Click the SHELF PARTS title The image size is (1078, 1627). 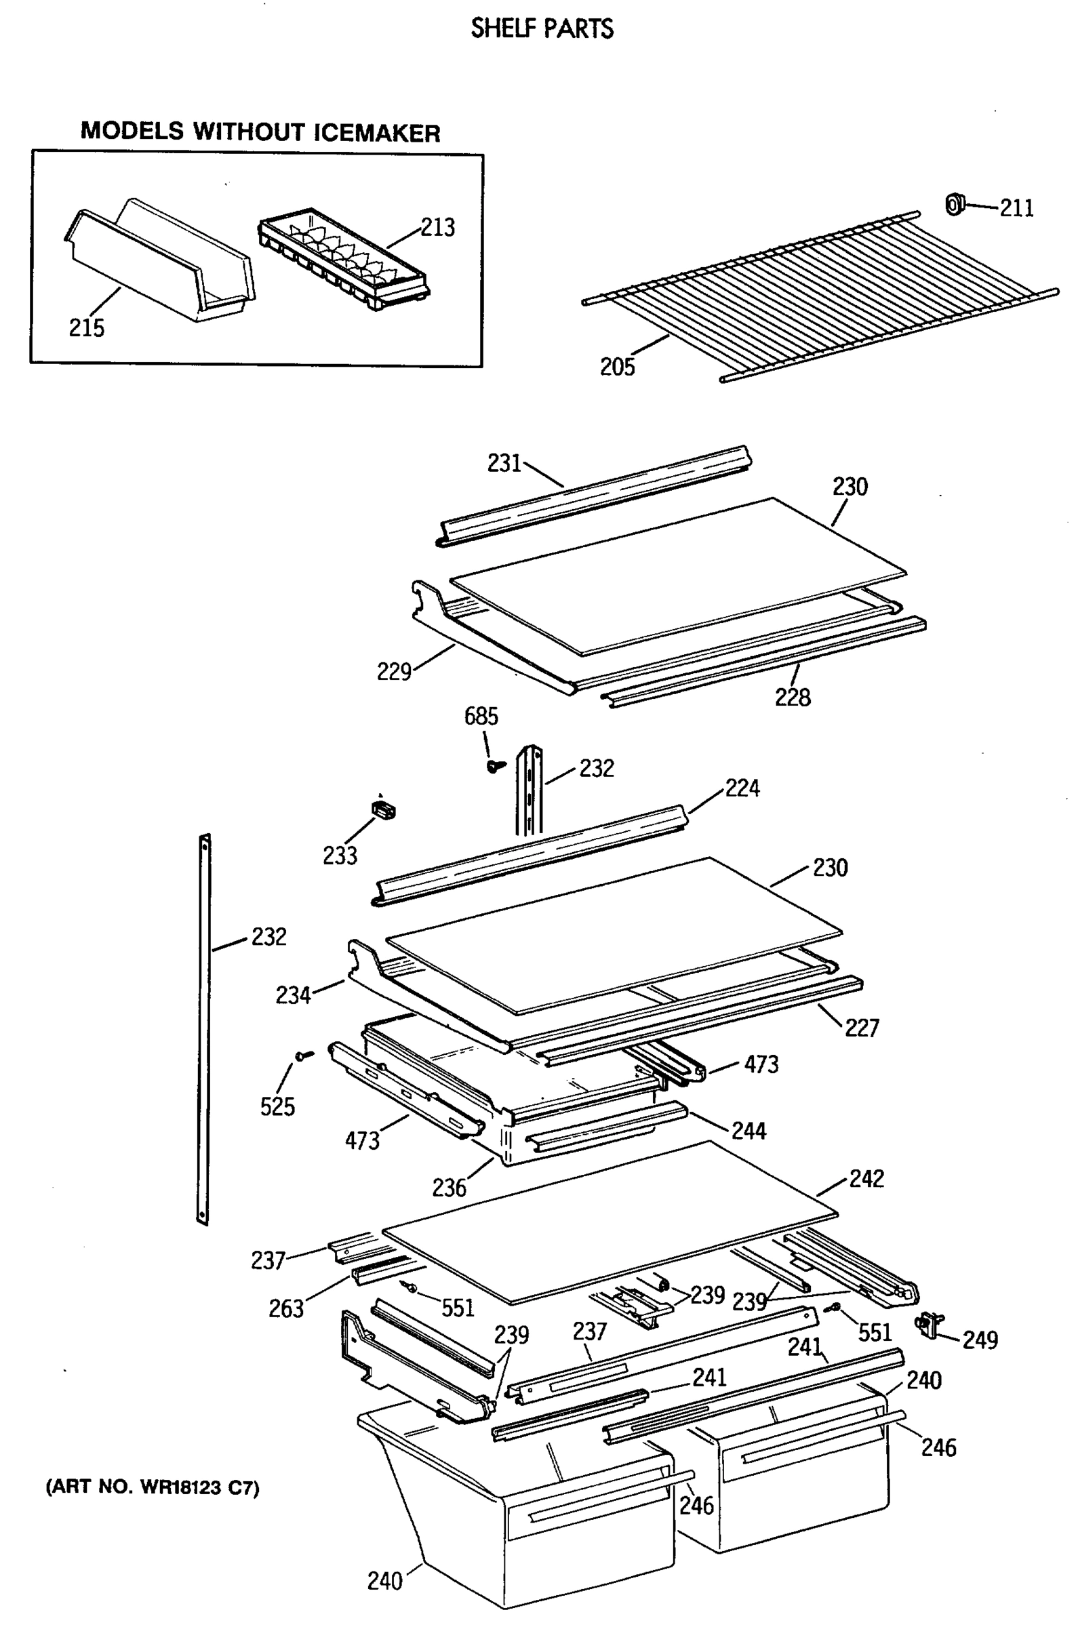pos(542,28)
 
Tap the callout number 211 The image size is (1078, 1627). pos(1016,207)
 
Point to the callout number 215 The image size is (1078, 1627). pos(87,328)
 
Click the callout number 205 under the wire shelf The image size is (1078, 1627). pos(617,367)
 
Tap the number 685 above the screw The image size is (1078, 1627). pos(481,717)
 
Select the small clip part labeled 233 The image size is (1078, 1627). pos(384,808)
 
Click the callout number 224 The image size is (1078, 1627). pos(742,788)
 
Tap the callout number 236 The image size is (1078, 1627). pos(449,1188)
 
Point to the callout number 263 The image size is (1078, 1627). pos(286,1309)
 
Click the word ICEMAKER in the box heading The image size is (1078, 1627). pos(377,133)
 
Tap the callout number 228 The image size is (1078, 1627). pos(793,698)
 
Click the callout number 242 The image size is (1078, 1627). pos(866,1179)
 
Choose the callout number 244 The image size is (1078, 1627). pos(748,1131)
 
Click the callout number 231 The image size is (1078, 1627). pos(504,463)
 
